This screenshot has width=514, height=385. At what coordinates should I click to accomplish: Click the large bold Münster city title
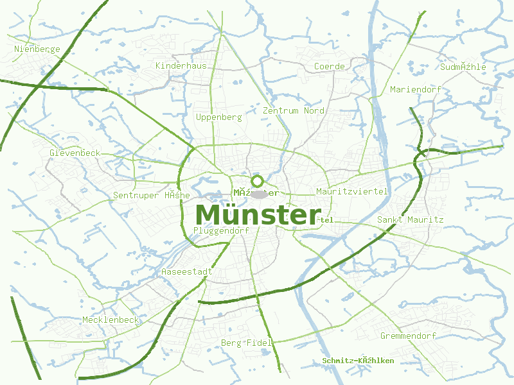(258, 215)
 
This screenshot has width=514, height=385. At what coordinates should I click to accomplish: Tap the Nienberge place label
(37, 49)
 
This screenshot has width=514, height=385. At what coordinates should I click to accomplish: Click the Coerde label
(329, 66)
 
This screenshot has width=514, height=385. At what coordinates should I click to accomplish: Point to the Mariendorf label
(416, 89)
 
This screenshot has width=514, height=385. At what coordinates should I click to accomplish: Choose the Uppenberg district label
(218, 117)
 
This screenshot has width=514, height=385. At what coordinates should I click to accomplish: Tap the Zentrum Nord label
(294, 110)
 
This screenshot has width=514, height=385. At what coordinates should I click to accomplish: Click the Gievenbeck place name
(75, 153)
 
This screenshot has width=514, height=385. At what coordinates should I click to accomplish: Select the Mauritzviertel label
(352, 191)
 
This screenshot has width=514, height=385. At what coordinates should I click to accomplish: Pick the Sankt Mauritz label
(410, 219)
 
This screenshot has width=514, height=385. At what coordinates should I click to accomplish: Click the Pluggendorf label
(220, 230)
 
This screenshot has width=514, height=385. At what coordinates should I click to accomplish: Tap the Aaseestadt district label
(186, 271)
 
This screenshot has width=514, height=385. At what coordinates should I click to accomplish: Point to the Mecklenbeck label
(111, 320)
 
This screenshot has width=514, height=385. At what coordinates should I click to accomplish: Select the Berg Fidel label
(247, 343)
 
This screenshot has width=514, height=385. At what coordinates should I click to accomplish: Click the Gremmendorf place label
(408, 336)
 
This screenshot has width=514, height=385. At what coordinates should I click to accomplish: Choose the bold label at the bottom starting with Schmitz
(358, 361)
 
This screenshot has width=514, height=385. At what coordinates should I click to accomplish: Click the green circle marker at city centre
(258, 181)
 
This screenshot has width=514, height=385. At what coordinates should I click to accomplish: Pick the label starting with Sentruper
(151, 195)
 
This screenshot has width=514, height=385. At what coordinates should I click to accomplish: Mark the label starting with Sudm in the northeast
(463, 67)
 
